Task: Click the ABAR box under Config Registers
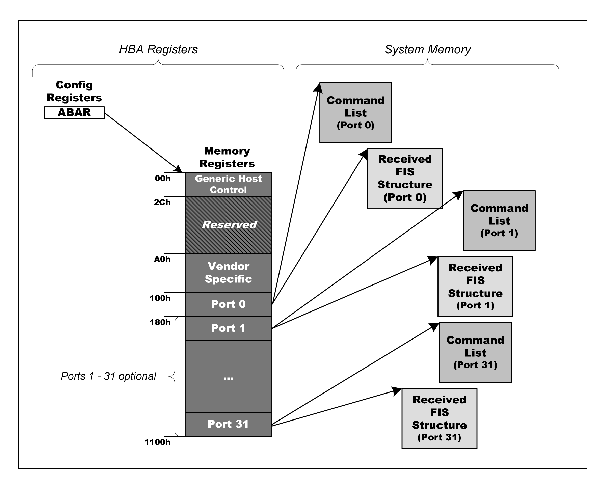click(x=74, y=113)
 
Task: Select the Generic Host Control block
click(x=229, y=185)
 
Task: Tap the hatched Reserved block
click(x=229, y=225)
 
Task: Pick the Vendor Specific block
click(x=229, y=273)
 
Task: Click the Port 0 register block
click(x=229, y=304)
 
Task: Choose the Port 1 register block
click(x=229, y=328)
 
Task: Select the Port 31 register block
click(x=229, y=424)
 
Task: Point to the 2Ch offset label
click(x=162, y=202)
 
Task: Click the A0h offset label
click(x=162, y=260)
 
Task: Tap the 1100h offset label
click(x=158, y=442)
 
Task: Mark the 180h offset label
click(x=160, y=322)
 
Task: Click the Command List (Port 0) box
click(x=356, y=113)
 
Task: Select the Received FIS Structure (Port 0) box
click(x=405, y=179)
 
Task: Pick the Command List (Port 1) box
click(x=499, y=221)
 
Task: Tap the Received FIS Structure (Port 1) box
click(x=475, y=287)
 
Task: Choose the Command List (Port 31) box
click(x=475, y=353)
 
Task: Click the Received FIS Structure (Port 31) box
click(x=440, y=418)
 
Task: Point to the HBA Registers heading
click(x=158, y=49)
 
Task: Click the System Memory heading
click(x=428, y=49)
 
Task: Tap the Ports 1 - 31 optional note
click(x=108, y=376)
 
